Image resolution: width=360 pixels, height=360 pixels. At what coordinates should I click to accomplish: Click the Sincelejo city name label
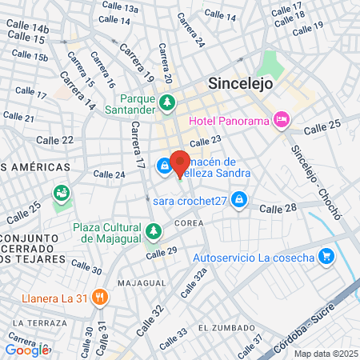(x=241, y=82)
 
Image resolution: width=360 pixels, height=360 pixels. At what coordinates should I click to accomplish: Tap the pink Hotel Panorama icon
(x=281, y=121)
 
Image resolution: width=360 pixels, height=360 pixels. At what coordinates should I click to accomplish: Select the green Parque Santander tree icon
(x=167, y=102)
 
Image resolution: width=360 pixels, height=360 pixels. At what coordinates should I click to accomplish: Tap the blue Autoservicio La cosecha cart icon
(x=326, y=257)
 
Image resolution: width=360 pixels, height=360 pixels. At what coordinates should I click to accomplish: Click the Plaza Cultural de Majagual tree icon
(x=153, y=232)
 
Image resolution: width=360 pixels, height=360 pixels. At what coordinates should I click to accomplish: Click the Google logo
(x=26, y=350)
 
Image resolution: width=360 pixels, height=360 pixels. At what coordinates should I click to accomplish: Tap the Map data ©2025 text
(x=324, y=354)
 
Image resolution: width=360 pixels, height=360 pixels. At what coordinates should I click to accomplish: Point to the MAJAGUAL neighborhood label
(x=141, y=283)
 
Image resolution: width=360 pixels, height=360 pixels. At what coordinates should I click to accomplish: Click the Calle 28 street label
(x=279, y=208)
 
